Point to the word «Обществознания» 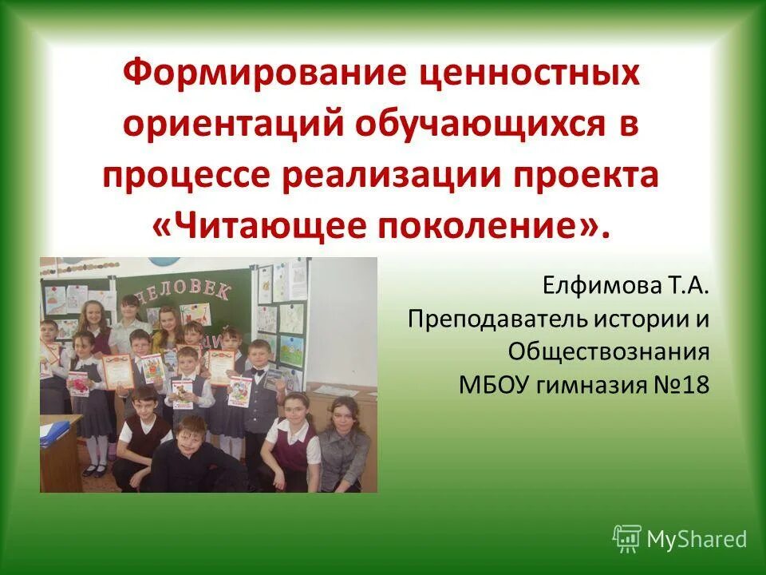point(608,352)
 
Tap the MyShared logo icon point(626,539)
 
